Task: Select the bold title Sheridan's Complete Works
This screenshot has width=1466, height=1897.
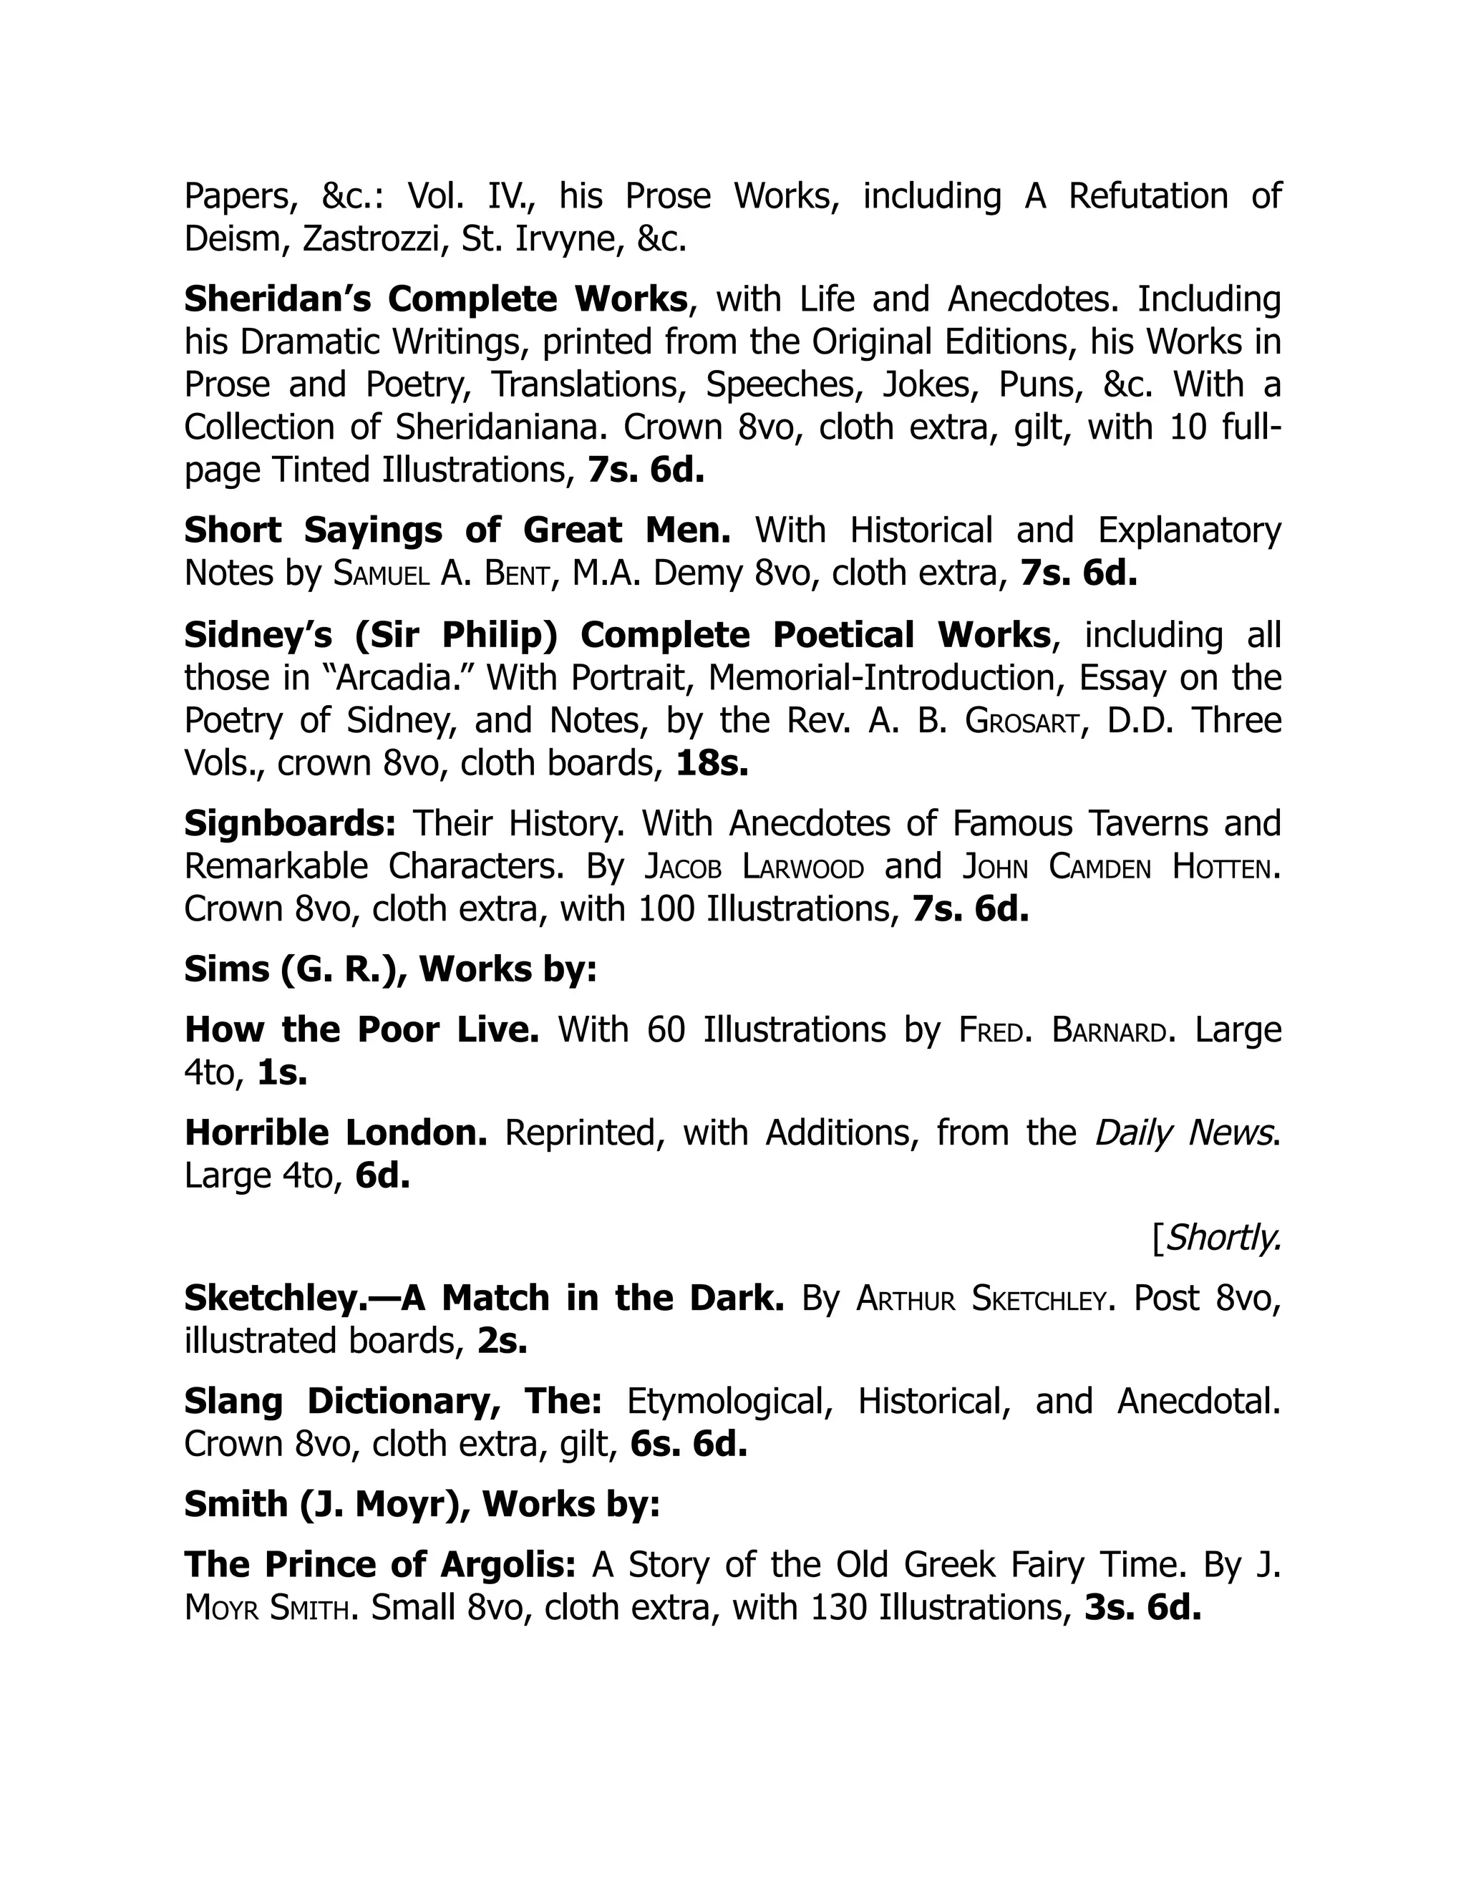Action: [436, 299]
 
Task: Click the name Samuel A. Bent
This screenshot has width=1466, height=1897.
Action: [443, 573]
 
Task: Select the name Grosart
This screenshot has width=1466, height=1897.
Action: [1026, 720]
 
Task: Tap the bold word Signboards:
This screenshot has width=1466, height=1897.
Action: [290, 823]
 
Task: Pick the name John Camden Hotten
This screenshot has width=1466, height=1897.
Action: [1120, 866]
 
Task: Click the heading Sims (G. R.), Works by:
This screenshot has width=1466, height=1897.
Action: [391, 969]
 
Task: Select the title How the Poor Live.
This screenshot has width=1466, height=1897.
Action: [362, 1029]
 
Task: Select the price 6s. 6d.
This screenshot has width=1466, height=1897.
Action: [689, 1444]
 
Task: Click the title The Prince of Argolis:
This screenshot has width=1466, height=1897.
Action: [379, 1564]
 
